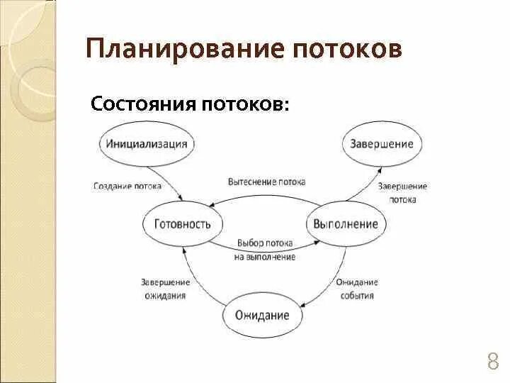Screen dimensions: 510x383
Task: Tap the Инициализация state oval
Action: (147, 143)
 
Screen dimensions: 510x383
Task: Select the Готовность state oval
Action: (183, 224)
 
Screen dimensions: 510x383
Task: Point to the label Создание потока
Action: (127, 187)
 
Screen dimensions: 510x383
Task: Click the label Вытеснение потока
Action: (267, 182)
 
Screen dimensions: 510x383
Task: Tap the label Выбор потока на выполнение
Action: (264, 250)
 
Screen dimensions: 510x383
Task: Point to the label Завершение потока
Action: (402, 193)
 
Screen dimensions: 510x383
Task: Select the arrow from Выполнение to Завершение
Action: (368, 185)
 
